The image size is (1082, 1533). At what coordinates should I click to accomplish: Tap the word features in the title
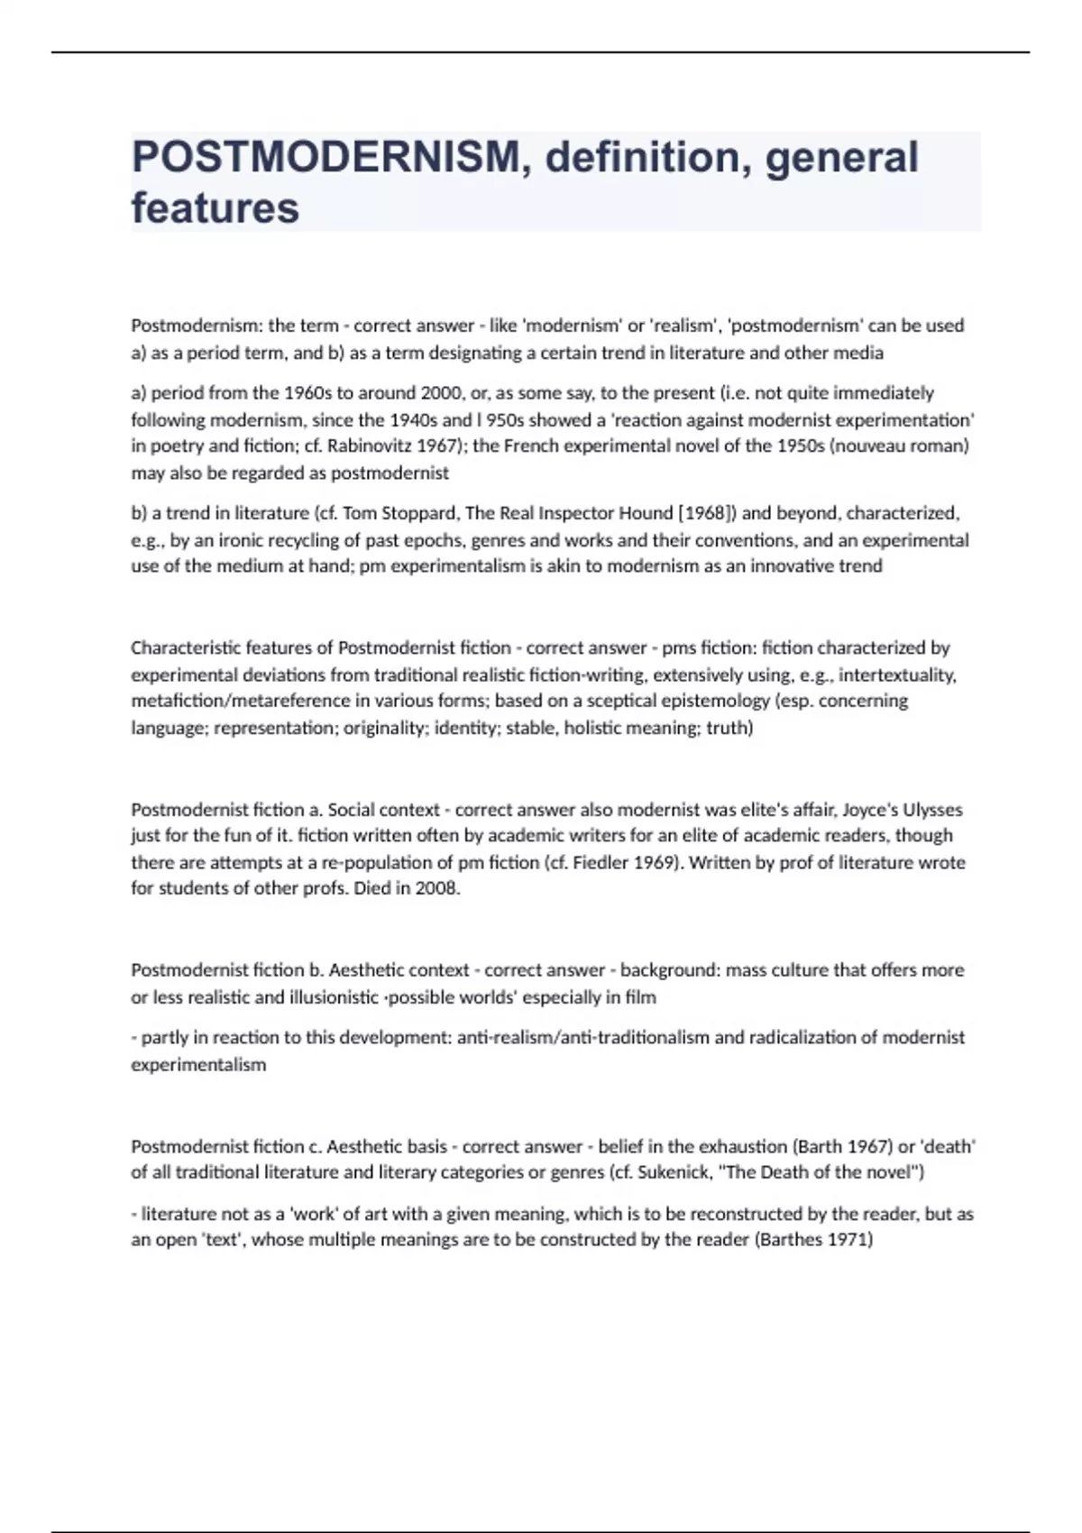[215, 208]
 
